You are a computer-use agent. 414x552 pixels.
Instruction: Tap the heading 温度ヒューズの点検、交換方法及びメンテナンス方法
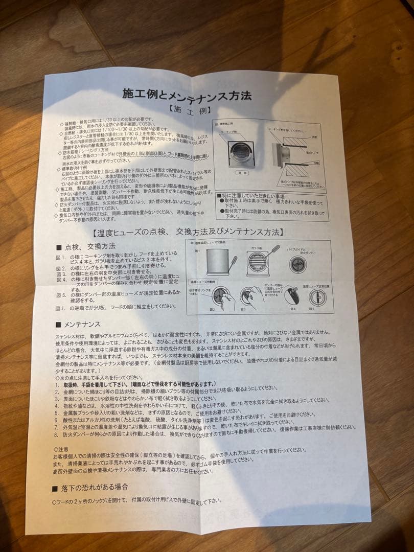[188, 233]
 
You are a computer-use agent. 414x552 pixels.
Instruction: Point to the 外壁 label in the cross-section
[314, 137]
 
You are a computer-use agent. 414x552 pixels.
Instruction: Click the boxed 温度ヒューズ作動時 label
[203, 282]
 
